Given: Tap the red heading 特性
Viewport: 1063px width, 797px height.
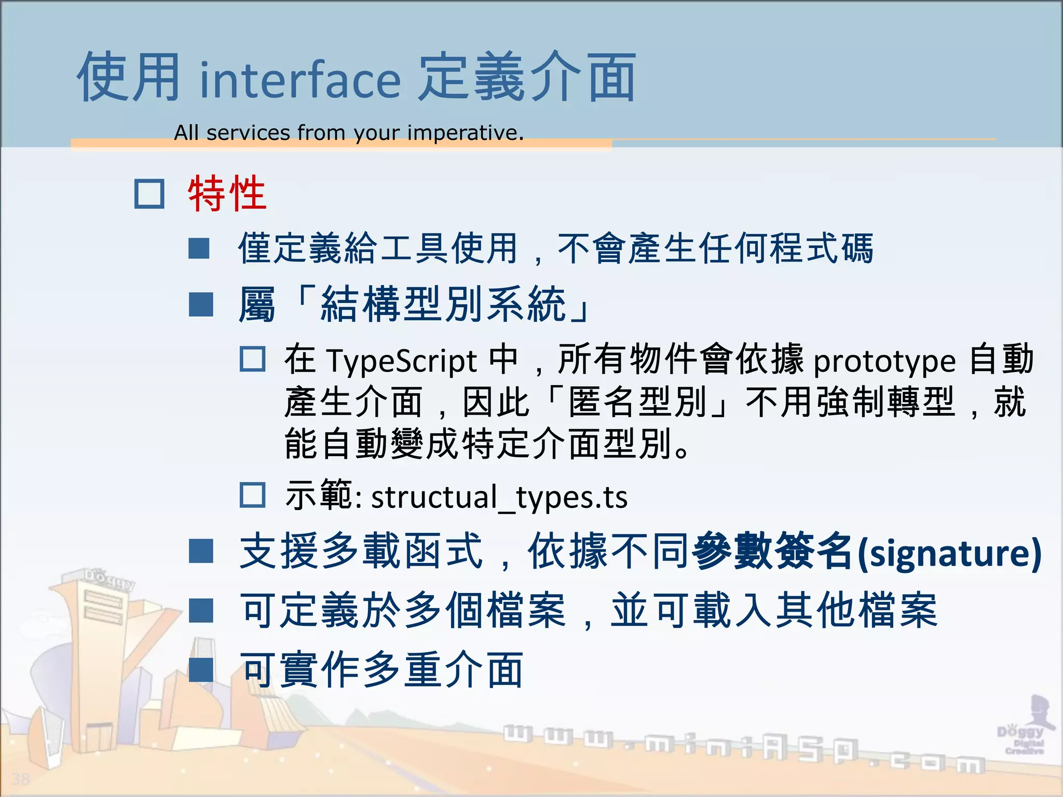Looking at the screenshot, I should pos(227,194).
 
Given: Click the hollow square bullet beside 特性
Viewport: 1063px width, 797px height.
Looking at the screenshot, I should pos(149,194).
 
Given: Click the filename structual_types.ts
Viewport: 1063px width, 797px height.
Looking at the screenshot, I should pos(499,497).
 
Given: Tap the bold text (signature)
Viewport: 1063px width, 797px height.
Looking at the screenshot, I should pos(949,553).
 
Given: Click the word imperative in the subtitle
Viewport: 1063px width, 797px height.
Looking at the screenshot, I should pos(465,133).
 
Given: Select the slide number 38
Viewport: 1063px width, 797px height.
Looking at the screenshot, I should pos(21,779).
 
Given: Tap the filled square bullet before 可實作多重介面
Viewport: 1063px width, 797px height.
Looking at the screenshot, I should pos(201,670).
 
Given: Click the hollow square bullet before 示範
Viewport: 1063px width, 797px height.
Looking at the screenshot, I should pos(253,495).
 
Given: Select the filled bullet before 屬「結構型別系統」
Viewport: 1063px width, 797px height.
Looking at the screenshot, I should pos(201,305).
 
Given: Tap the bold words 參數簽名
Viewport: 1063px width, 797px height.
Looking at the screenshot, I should pos(772,552).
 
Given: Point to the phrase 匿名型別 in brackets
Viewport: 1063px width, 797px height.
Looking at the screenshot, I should pos(638,402).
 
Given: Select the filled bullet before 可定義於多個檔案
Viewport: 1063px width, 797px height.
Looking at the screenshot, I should pos(201,611).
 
